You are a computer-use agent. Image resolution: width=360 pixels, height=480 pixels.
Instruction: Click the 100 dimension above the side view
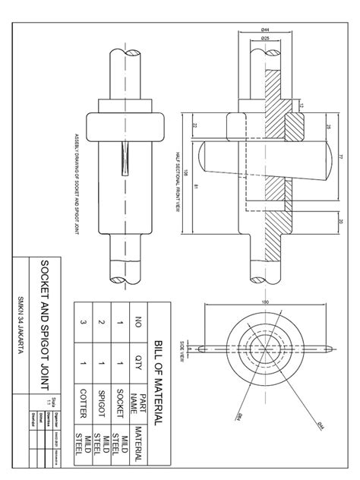266,303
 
